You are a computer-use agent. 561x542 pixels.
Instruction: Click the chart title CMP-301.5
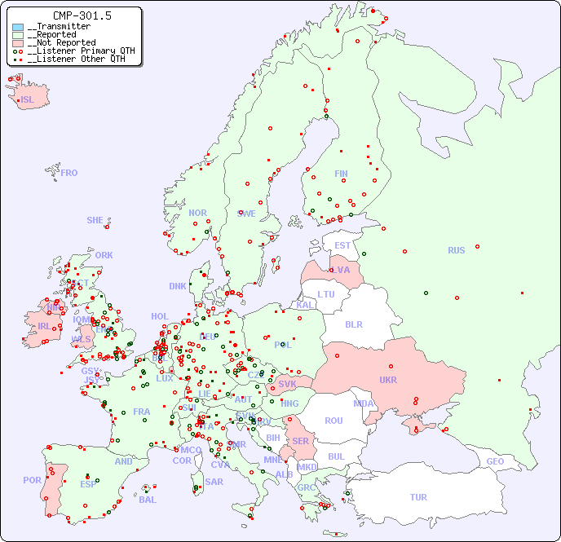click(82, 15)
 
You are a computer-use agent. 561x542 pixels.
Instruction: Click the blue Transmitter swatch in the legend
click(18, 27)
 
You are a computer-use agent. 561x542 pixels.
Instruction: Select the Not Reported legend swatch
click(18, 42)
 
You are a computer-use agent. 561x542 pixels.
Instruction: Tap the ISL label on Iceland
click(28, 100)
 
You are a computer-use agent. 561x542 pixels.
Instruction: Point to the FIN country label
click(341, 174)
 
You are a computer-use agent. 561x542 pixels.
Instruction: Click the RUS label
click(456, 250)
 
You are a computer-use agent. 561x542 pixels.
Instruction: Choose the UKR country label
click(388, 380)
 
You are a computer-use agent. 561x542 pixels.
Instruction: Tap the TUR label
click(418, 497)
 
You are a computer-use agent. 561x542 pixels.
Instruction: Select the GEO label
click(495, 461)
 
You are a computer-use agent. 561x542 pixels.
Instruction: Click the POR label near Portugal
click(32, 480)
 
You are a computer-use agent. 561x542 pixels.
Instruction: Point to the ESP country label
click(88, 484)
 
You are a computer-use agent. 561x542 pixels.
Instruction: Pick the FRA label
click(142, 412)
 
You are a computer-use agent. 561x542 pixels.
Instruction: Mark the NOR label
click(197, 213)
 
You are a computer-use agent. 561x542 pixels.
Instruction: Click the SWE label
click(246, 214)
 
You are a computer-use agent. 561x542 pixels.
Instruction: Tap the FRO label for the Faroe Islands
click(69, 173)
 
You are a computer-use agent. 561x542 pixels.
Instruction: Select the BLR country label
click(353, 324)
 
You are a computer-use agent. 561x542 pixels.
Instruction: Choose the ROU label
click(334, 421)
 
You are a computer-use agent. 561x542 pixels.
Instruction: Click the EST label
click(342, 245)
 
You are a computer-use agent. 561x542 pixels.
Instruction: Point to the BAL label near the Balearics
click(148, 500)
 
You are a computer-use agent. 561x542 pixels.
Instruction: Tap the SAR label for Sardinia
click(214, 482)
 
